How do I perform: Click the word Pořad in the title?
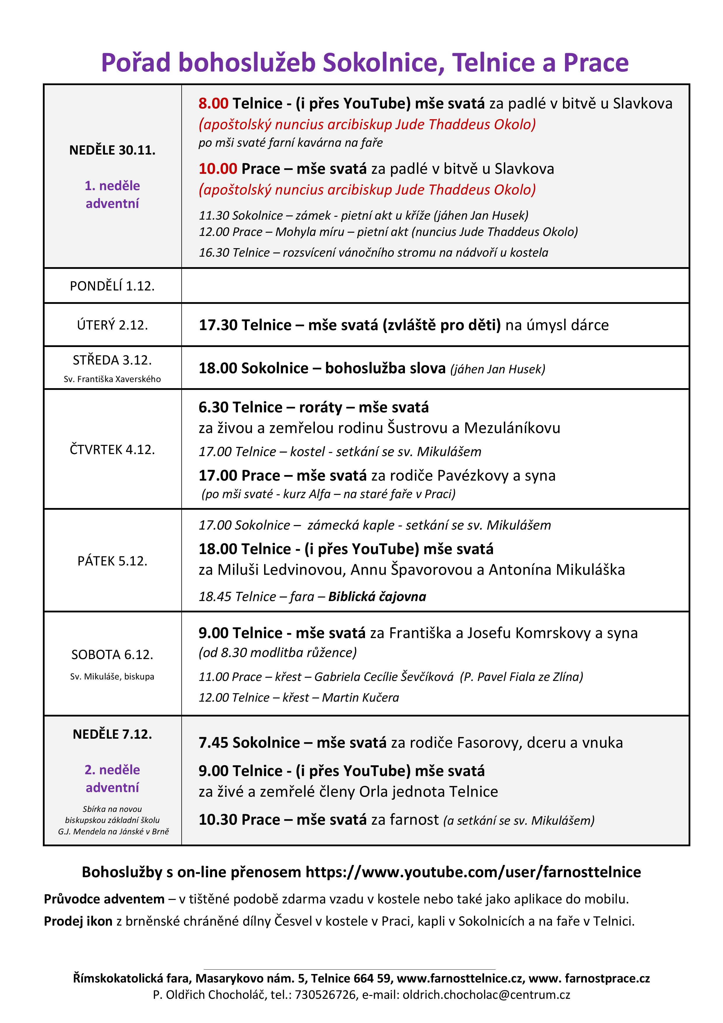click(136, 62)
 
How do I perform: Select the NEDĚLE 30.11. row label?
click(112, 150)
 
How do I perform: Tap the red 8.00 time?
click(213, 103)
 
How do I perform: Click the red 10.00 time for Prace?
click(217, 169)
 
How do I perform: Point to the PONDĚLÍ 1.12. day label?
click(112, 286)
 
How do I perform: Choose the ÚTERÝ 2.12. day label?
click(112, 325)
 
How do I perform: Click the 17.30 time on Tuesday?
click(217, 325)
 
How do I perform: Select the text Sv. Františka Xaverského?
click(112, 379)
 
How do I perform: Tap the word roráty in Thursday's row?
click(321, 407)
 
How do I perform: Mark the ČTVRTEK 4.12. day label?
click(112, 450)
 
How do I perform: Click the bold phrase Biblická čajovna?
click(377, 597)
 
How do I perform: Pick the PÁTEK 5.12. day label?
click(112, 561)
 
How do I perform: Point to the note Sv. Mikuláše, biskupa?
click(112, 676)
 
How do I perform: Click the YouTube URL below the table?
click(473, 872)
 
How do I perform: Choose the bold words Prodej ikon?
click(78, 921)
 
